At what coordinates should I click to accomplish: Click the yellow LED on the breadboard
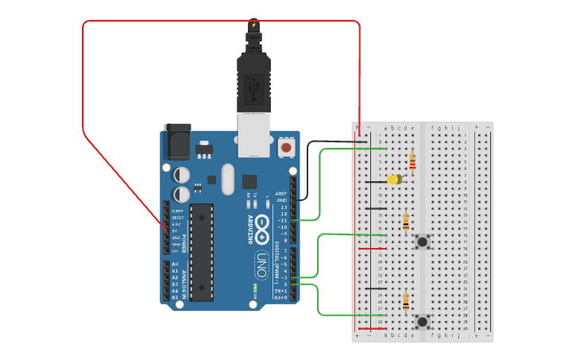coord(393,180)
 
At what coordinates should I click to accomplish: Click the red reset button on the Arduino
coord(285,147)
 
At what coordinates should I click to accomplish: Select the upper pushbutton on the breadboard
coord(423,241)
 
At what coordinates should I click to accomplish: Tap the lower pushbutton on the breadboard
coord(423,321)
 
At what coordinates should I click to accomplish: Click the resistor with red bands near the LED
coord(412,162)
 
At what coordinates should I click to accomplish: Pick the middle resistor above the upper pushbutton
coord(406,221)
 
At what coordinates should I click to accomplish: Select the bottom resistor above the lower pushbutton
coord(406,302)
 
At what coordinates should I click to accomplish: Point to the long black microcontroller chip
coord(202,252)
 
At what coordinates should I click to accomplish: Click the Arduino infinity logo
coord(261,226)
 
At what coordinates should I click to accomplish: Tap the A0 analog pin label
coord(175,264)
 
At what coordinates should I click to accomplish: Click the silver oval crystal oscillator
coord(229,178)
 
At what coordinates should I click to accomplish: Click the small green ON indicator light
coord(254,287)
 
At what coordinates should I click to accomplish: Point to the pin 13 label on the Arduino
coord(282,207)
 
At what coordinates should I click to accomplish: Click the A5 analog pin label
coord(175,297)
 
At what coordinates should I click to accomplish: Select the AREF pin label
coord(280,193)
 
